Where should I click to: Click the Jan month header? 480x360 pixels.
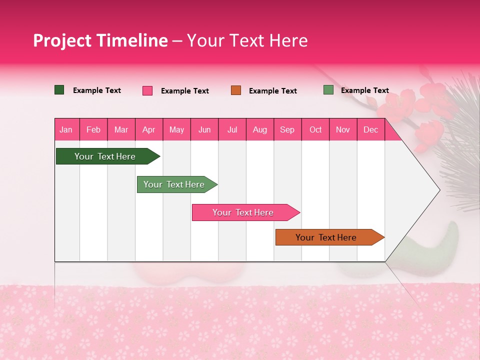click(66, 129)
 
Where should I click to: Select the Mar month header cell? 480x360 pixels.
click(121, 129)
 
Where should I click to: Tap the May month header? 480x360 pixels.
click(176, 129)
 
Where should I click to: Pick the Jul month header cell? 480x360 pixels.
click(232, 129)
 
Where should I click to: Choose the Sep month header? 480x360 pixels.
click(287, 129)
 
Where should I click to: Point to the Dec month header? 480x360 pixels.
click(370, 129)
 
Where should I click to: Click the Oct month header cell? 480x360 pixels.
click(315, 129)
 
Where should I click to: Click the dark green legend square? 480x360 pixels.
click(59, 90)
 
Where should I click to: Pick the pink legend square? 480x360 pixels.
click(147, 90)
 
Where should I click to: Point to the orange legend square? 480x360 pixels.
click(236, 90)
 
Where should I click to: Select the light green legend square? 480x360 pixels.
click(328, 90)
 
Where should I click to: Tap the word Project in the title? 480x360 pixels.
click(62, 40)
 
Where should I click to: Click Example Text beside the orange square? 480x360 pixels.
click(272, 91)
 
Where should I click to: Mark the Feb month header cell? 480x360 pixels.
click(93, 129)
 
